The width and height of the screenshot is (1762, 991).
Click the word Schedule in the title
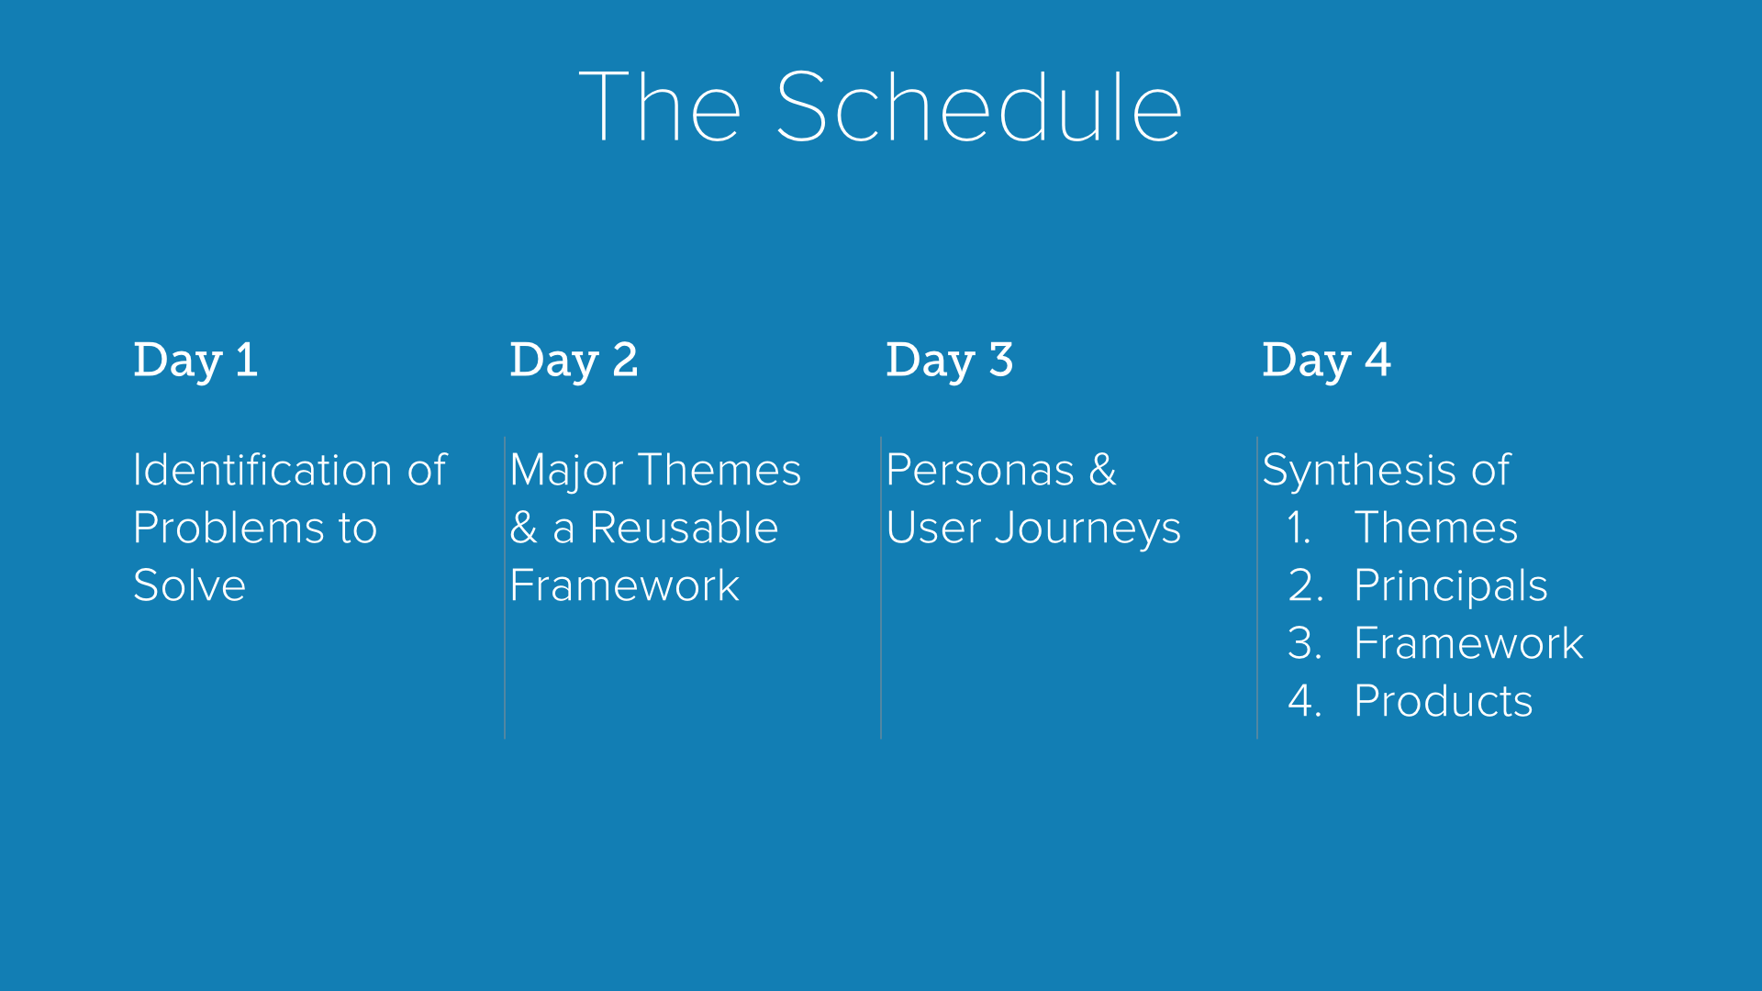[979, 107]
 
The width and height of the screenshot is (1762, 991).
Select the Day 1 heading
[195, 360]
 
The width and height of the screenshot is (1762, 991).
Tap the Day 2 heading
[574, 360]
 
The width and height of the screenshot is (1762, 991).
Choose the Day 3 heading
[950, 360]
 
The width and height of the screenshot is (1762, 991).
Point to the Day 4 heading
[1327, 360]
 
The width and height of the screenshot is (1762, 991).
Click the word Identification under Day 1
[263, 470]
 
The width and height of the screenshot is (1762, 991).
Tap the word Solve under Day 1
[190, 585]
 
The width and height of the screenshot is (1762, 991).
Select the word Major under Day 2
[567, 472]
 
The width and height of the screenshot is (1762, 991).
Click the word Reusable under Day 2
[684, 528]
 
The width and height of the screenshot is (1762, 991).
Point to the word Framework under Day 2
[625, 585]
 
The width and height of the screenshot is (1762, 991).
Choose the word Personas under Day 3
[980, 470]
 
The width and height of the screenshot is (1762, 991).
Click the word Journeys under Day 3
[1087, 529]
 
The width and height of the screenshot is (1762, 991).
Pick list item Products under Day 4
[1444, 701]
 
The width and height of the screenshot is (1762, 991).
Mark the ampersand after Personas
[1103, 470]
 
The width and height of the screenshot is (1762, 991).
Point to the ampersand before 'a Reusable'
[524, 528]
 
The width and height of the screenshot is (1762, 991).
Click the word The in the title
[661, 107]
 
